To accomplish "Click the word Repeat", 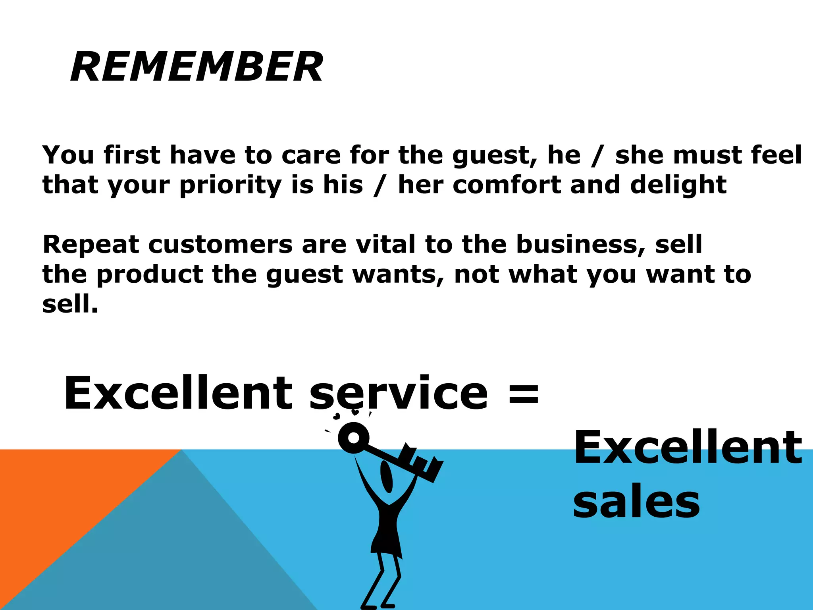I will click(x=91, y=245).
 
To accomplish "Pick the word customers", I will click(x=220, y=245).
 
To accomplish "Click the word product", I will click(x=150, y=275).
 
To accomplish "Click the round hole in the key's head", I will click(x=353, y=438).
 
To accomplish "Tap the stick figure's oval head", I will click(x=387, y=477).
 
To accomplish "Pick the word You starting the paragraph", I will click(x=68, y=155).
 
